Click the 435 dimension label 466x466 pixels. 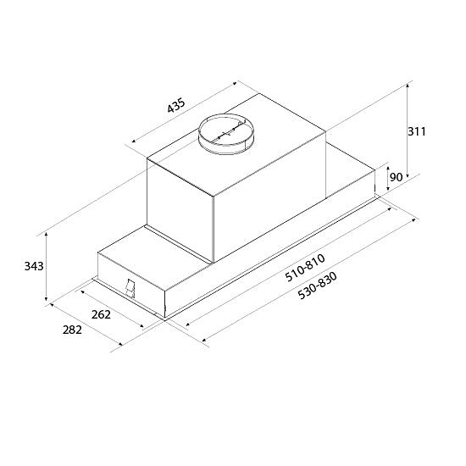click(x=176, y=105)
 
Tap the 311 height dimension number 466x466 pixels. click(x=416, y=131)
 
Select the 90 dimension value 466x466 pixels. click(x=397, y=177)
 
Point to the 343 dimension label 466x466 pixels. click(x=34, y=266)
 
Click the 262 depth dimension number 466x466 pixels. click(x=101, y=314)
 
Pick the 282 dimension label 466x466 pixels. click(x=72, y=330)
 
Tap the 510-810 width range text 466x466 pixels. click(x=305, y=268)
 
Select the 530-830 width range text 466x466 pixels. click(x=318, y=286)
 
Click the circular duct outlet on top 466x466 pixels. click(x=226, y=133)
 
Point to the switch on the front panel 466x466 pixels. click(x=130, y=288)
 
